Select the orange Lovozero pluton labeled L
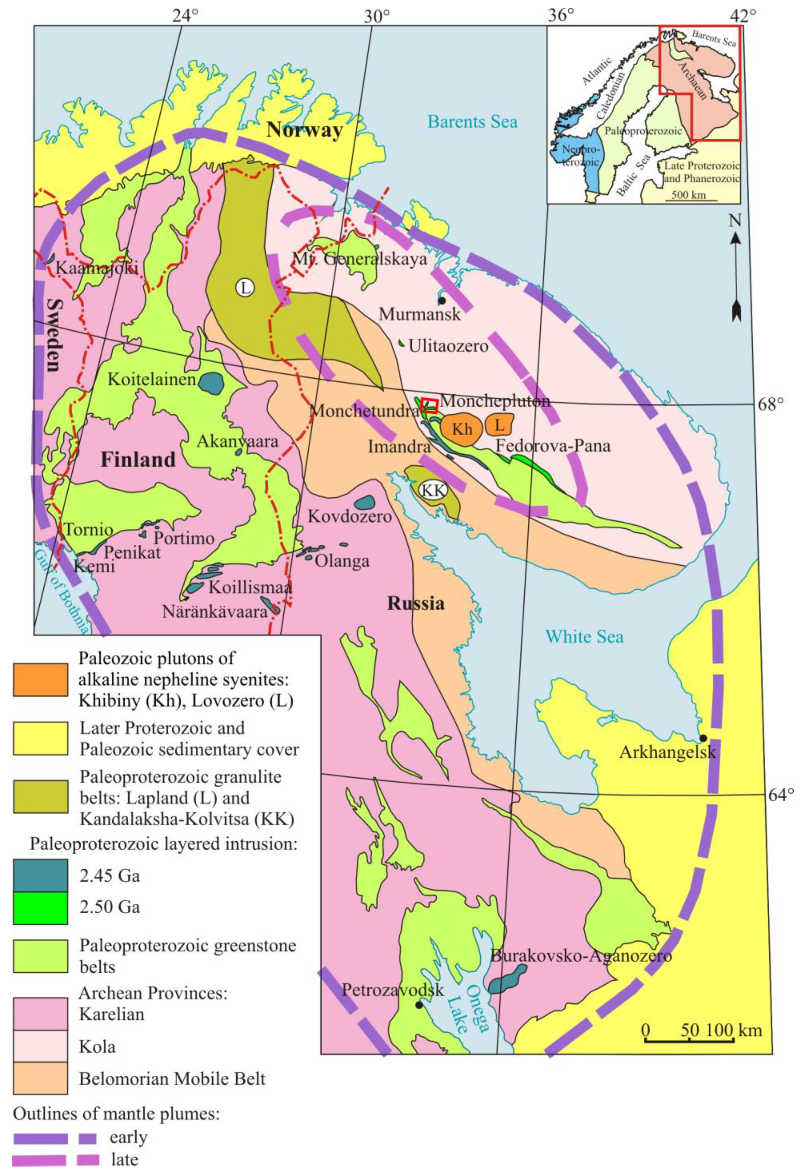click(499, 424)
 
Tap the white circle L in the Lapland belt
click(245, 288)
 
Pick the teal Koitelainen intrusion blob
click(211, 383)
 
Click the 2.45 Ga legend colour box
click(40, 875)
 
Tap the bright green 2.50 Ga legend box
click(40, 907)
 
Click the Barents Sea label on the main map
click(472, 122)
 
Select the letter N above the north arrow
click(735, 220)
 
